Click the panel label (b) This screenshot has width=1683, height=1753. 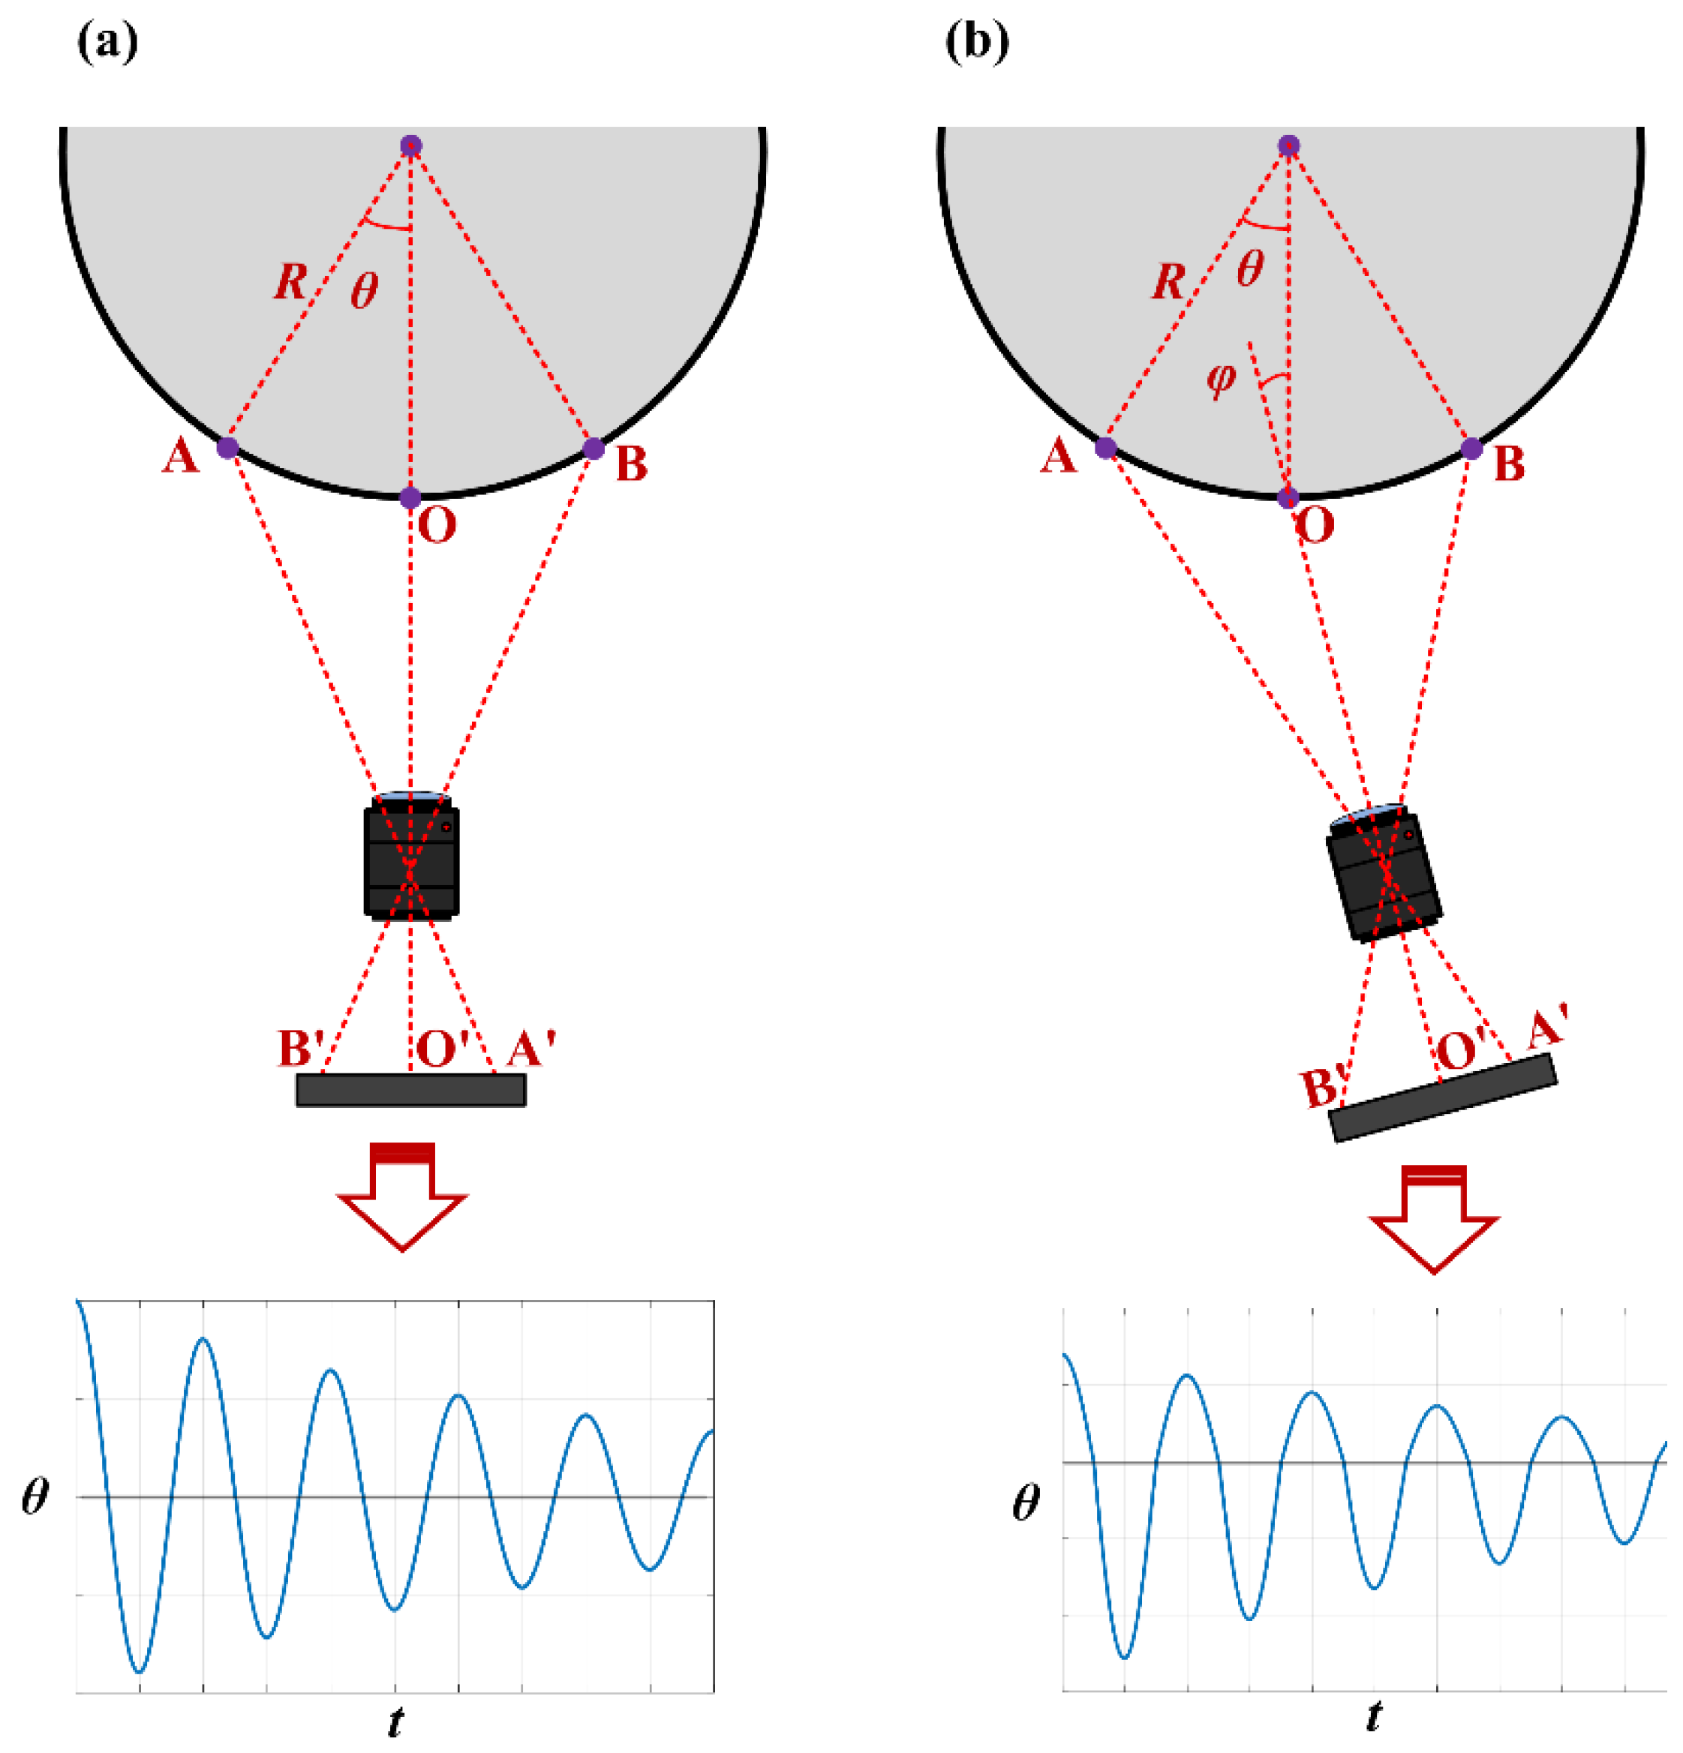pyautogui.click(x=977, y=42)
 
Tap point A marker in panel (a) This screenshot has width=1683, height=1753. pyautogui.click(x=228, y=447)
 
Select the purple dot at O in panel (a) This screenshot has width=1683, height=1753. pyautogui.click(x=410, y=497)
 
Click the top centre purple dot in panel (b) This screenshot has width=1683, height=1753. pyautogui.click(x=1288, y=146)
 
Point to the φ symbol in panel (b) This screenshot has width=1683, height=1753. pyautogui.click(x=1222, y=377)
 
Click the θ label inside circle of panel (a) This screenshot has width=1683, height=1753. pyautogui.click(x=364, y=290)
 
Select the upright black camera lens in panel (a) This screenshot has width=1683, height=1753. pyautogui.click(x=412, y=857)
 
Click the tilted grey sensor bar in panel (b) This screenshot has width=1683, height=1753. pyautogui.click(x=1443, y=1098)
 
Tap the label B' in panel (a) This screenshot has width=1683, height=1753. pyautogui.click(x=302, y=1048)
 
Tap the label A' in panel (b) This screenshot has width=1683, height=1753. pyautogui.click(x=1545, y=1027)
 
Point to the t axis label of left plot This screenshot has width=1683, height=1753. pyautogui.click(x=395, y=1721)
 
